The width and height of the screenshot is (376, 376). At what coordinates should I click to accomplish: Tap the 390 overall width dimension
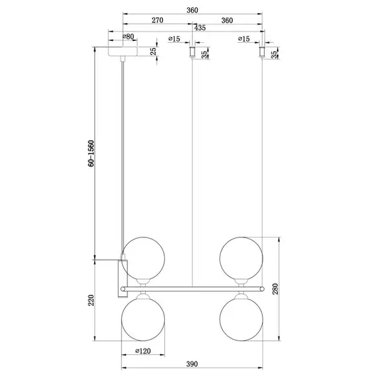coord(191,363)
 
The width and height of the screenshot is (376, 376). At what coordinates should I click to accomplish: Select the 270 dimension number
coord(158,20)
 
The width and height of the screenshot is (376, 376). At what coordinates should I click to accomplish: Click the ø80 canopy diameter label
coord(129,39)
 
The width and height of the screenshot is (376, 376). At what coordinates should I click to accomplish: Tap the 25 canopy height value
coord(153,51)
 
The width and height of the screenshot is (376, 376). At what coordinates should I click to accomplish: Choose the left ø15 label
coord(175,39)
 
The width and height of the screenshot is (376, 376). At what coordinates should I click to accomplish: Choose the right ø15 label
coord(243,39)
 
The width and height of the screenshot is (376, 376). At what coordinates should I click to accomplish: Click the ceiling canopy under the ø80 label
coord(123,51)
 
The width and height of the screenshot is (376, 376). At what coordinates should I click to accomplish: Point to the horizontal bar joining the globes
coord(198,288)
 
